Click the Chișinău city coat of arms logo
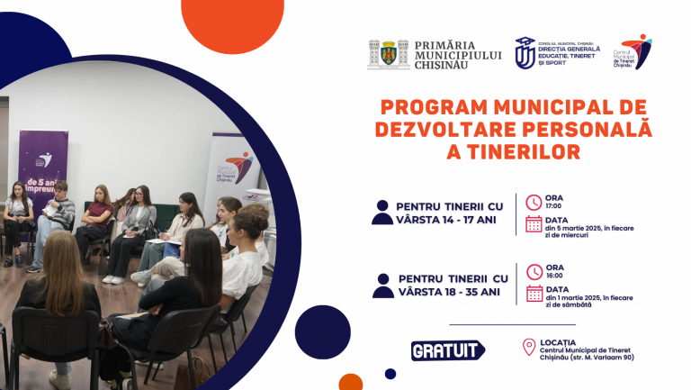389,55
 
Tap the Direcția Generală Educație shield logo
525,53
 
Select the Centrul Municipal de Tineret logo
636,52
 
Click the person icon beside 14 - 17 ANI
381,213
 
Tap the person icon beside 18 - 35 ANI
382,286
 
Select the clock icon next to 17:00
534,202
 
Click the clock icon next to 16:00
534,271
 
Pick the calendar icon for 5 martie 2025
534,224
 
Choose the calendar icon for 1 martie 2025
534,294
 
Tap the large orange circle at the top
231,20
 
